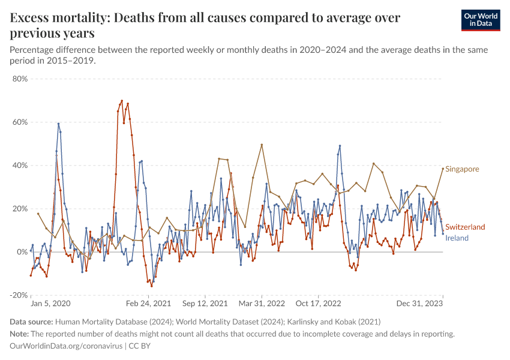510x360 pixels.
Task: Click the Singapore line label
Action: click(x=463, y=169)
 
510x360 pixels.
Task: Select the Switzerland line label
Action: click(x=465, y=227)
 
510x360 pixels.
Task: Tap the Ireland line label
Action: click(x=457, y=238)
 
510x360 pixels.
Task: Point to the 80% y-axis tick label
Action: click(x=20, y=79)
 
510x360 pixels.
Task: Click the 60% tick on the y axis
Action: click(x=20, y=122)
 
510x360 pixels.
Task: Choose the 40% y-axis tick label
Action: click(x=20, y=166)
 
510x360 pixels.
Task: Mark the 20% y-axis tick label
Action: click(x=20, y=209)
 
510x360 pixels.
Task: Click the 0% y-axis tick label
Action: click(x=22, y=252)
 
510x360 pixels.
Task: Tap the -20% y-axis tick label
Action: click(x=19, y=295)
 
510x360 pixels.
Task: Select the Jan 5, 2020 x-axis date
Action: click(x=50, y=304)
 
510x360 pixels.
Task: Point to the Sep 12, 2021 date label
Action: click(x=205, y=304)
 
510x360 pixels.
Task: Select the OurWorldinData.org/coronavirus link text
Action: click(x=66, y=346)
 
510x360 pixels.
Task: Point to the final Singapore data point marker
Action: click(x=443, y=169)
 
